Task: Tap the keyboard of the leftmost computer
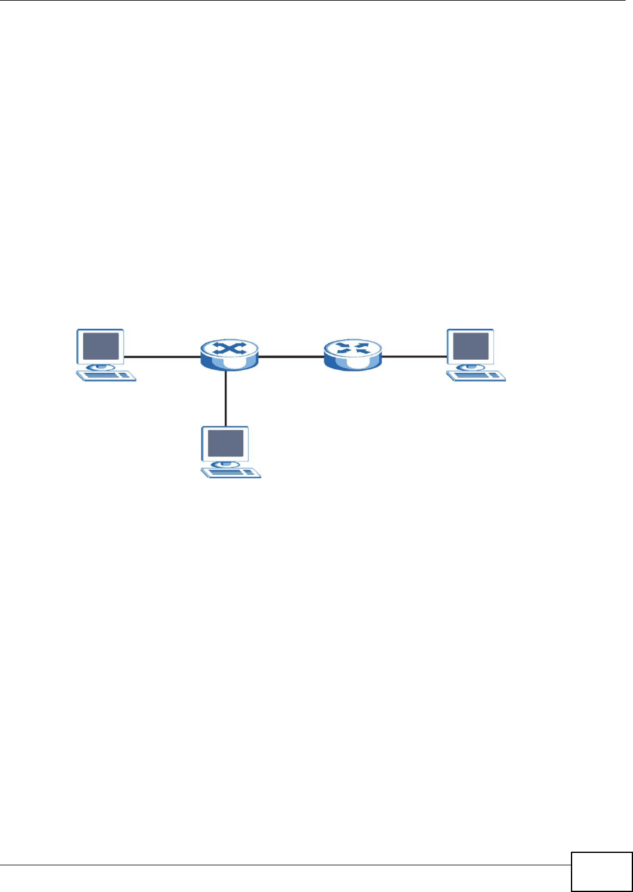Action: [x=106, y=375]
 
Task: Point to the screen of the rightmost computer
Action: [x=471, y=346]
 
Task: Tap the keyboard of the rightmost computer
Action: [x=476, y=375]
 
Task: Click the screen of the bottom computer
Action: [x=225, y=443]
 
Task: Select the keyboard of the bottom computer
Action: [x=231, y=473]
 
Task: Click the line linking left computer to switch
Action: [x=163, y=357]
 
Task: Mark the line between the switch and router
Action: [x=290, y=357]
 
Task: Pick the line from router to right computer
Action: [x=414, y=357]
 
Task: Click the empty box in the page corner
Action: [x=601, y=872]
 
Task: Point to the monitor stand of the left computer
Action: [x=101, y=367]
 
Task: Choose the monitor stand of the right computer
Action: [x=471, y=367]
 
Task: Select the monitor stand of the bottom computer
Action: [x=225, y=464]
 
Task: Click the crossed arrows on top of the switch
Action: [x=230, y=349]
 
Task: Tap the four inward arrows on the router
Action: [x=352, y=349]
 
